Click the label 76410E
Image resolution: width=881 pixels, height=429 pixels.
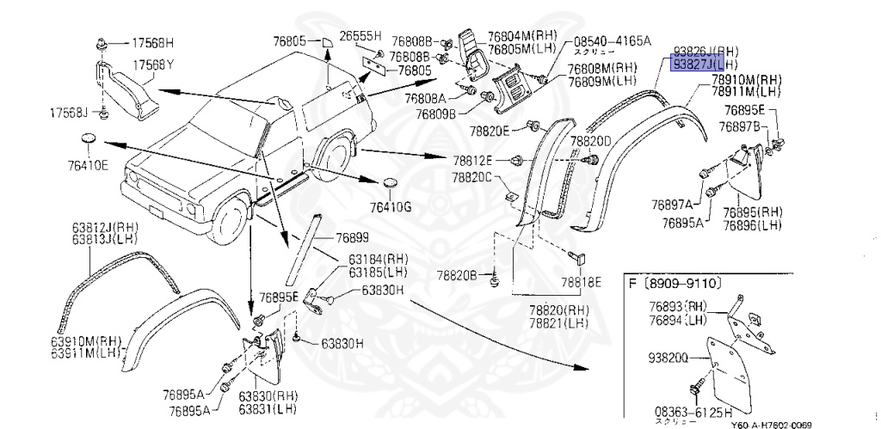(x=90, y=165)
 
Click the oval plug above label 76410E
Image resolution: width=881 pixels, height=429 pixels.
(x=89, y=140)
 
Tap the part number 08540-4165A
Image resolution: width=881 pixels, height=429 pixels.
(x=613, y=40)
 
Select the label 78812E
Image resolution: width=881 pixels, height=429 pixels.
(x=474, y=161)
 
